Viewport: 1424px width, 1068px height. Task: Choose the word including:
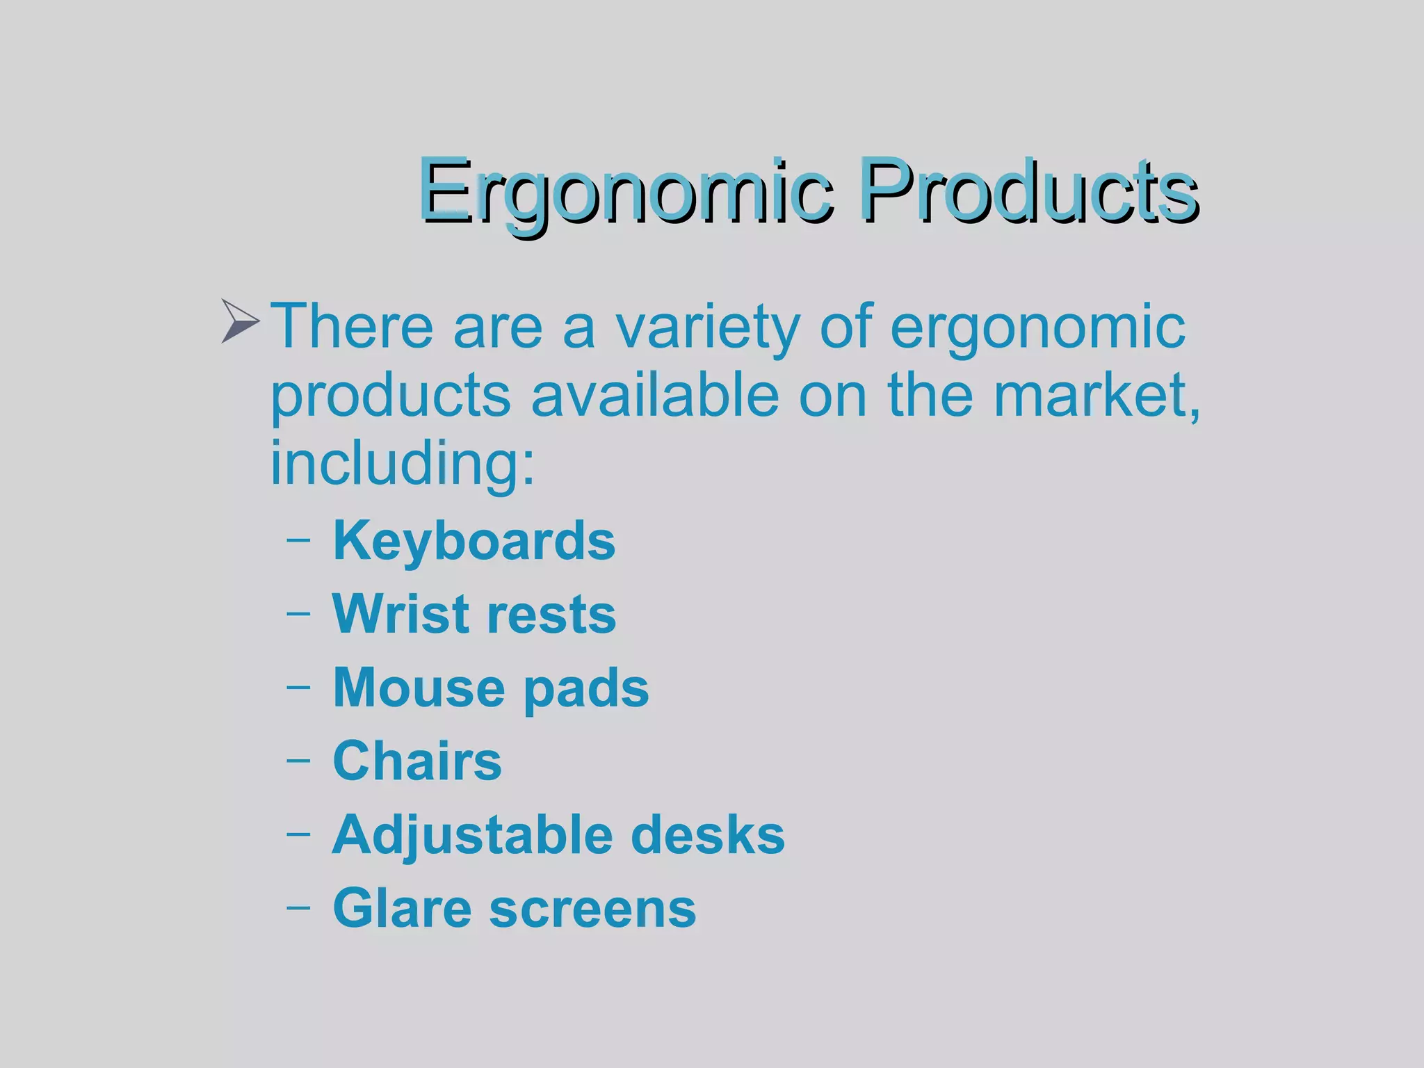pos(403,463)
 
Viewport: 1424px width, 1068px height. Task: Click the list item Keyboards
pos(474,541)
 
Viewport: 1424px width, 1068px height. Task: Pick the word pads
pos(585,688)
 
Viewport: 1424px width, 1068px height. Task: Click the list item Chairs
pos(417,761)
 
